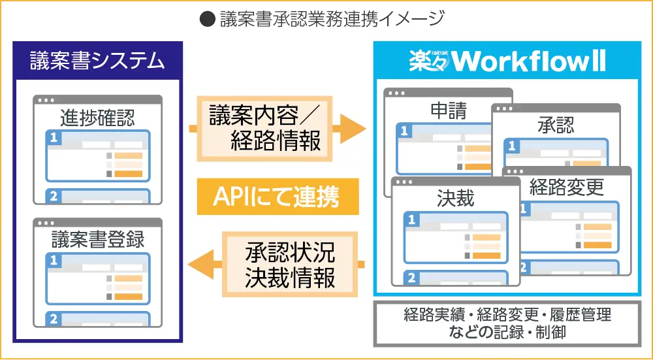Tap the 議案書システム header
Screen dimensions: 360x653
[x=97, y=61]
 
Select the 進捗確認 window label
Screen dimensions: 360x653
[x=97, y=118]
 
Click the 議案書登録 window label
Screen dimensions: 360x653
[x=97, y=239]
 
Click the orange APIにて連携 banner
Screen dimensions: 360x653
[x=278, y=196]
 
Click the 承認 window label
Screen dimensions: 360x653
[x=556, y=124]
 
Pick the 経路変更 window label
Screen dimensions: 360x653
[x=567, y=188]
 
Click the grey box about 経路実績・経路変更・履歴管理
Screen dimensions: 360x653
[x=507, y=323]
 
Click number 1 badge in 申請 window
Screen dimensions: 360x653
[x=405, y=131]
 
